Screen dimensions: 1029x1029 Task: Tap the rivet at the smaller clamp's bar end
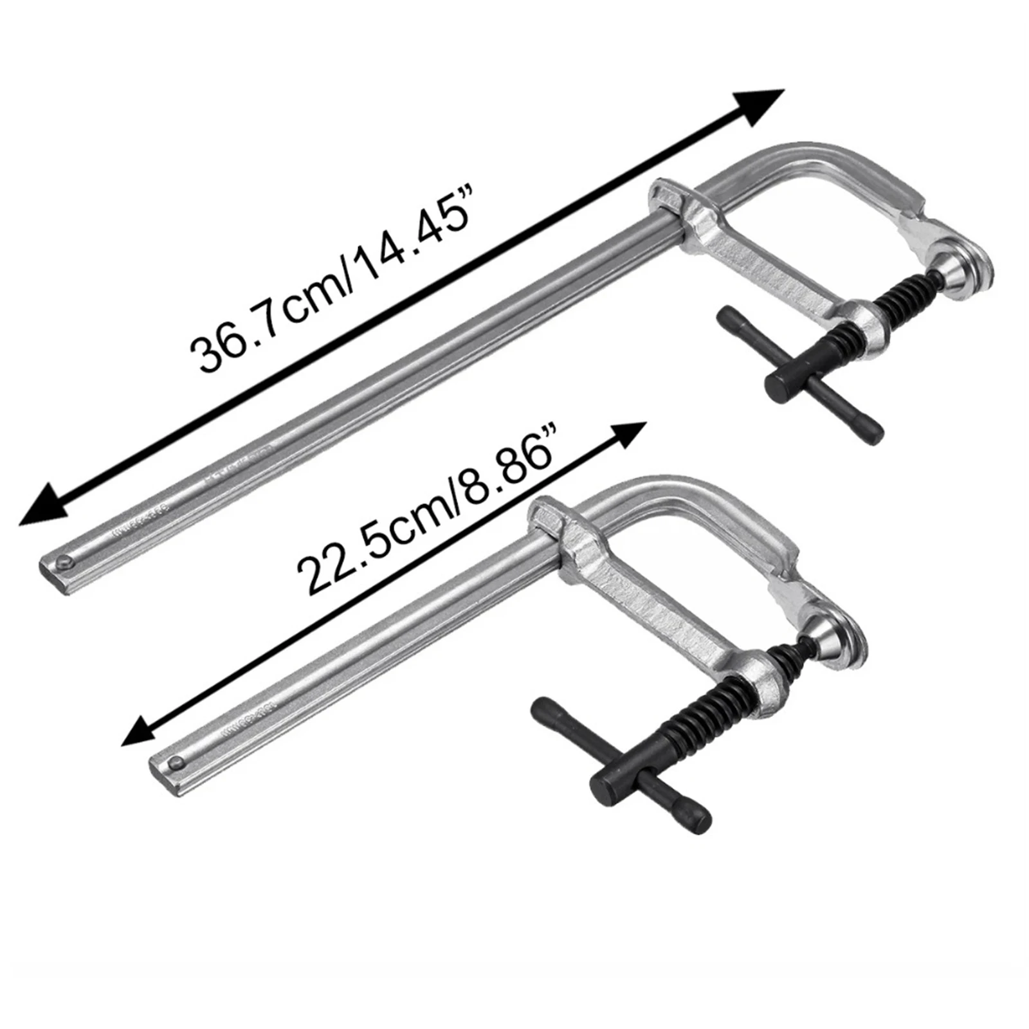(x=174, y=763)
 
